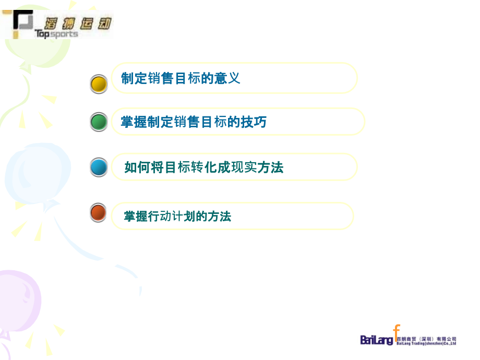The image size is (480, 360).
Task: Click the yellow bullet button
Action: click(x=99, y=84)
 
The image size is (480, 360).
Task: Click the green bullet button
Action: click(x=99, y=122)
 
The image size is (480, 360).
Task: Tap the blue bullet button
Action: click(x=99, y=167)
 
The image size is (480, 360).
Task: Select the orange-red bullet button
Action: click(x=99, y=213)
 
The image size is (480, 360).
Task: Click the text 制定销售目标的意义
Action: click(x=181, y=78)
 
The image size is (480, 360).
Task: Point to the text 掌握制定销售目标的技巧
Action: click(x=194, y=122)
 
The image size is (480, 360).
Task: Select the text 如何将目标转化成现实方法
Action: click(x=203, y=167)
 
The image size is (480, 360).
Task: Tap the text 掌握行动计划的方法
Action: click(x=177, y=216)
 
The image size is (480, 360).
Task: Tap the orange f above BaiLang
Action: click(x=397, y=331)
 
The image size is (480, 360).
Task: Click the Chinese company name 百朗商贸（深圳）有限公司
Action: click(x=426, y=339)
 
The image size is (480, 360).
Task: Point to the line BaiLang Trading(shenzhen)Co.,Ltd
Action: click(x=426, y=343)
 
